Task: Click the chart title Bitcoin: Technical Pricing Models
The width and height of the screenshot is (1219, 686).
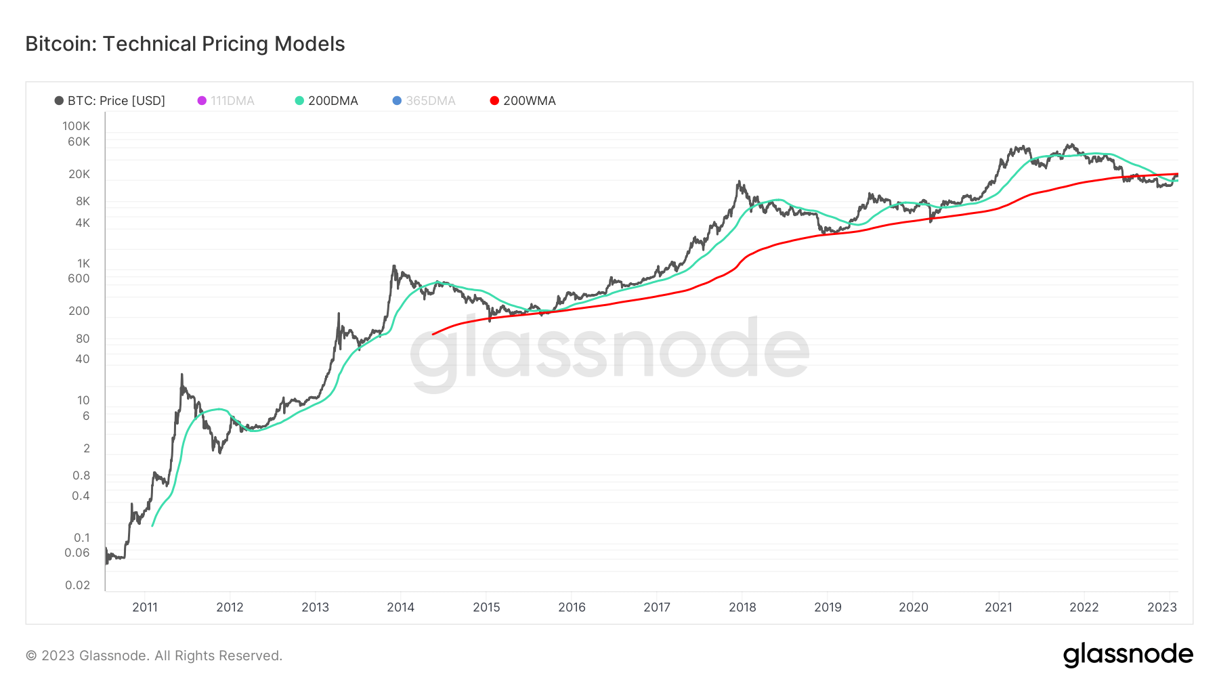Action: pyautogui.click(x=185, y=44)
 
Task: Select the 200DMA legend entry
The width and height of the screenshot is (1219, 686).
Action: pyautogui.click(x=326, y=101)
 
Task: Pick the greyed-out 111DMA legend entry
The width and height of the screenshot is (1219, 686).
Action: pyautogui.click(x=226, y=101)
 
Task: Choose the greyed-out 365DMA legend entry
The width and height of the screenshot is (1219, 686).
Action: pyautogui.click(x=424, y=101)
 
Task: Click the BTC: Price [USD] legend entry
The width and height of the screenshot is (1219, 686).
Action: pyautogui.click(x=110, y=101)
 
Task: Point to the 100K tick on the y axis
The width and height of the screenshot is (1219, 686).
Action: pyautogui.click(x=76, y=126)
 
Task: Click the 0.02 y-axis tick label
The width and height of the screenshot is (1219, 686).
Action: pyautogui.click(x=77, y=585)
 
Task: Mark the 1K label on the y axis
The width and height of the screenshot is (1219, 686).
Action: pyautogui.click(x=83, y=263)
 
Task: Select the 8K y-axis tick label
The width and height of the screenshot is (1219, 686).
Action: pyautogui.click(x=82, y=201)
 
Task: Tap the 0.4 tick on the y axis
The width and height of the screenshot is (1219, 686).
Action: pyautogui.click(x=81, y=496)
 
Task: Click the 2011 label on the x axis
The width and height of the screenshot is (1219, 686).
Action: pyautogui.click(x=145, y=607)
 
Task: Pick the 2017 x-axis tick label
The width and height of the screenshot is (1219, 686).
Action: pyautogui.click(x=657, y=607)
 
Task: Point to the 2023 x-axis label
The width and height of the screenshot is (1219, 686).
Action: pyautogui.click(x=1162, y=607)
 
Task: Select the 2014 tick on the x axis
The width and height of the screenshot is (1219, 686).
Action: pyautogui.click(x=400, y=607)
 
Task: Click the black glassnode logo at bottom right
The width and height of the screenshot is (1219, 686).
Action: pyautogui.click(x=1128, y=655)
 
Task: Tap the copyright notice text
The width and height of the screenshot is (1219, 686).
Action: pyautogui.click(x=154, y=656)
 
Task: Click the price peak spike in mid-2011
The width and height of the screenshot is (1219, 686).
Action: pyautogui.click(x=181, y=374)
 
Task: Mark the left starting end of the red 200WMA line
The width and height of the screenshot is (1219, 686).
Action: pyautogui.click(x=433, y=334)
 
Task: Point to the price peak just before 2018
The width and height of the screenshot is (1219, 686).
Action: pyautogui.click(x=739, y=181)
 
